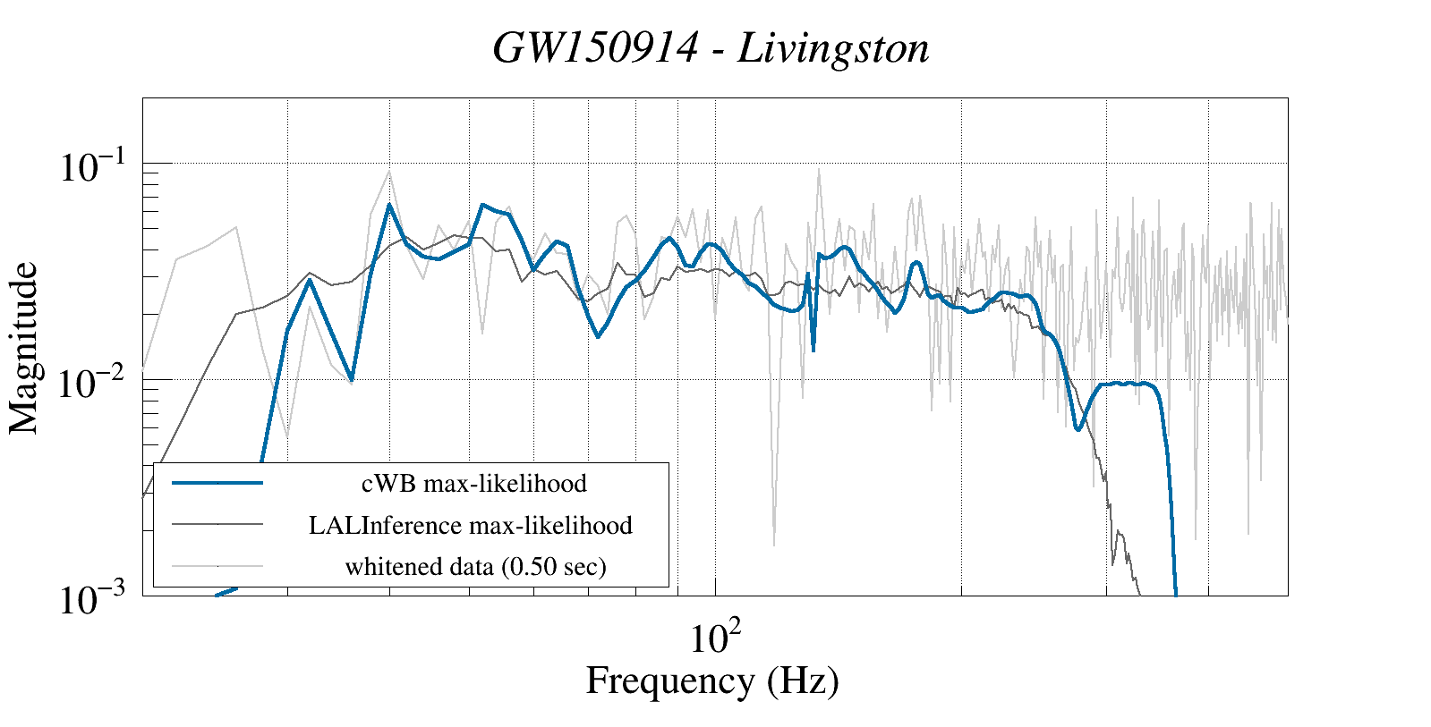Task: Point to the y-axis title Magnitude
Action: pos(24,348)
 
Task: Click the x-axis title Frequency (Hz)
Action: pos(712,681)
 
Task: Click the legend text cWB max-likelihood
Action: pos(474,484)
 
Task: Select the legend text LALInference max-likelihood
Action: pos(471,525)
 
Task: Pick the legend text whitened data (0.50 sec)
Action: pos(475,566)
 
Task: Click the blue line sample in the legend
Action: pos(217,483)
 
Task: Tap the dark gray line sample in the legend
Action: pos(217,524)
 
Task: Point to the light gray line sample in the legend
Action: pos(217,565)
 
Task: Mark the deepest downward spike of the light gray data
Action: pos(774,544)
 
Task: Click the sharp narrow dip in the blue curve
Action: pos(813,349)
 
